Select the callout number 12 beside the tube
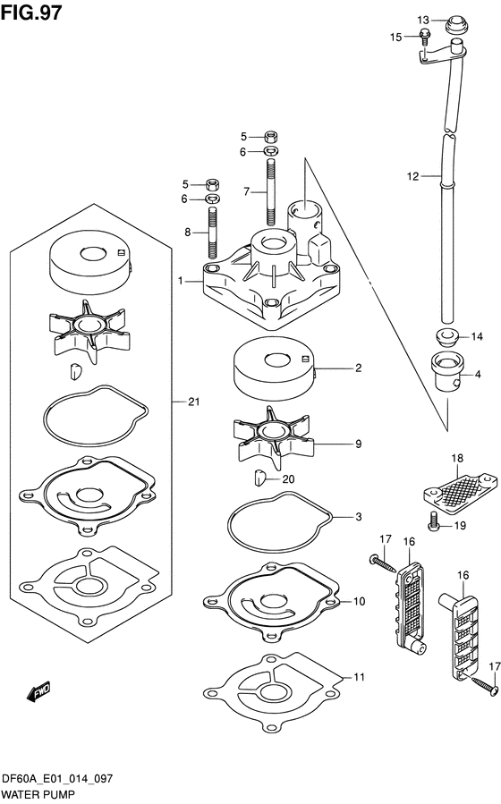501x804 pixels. (412, 177)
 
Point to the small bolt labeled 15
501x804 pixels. (426, 36)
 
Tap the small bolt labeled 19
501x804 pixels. (434, 526)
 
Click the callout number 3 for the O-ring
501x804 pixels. (358, 517)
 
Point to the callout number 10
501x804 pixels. (359, 602)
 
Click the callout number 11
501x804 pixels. (359, 678)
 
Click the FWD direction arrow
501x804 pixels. (38, 691)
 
